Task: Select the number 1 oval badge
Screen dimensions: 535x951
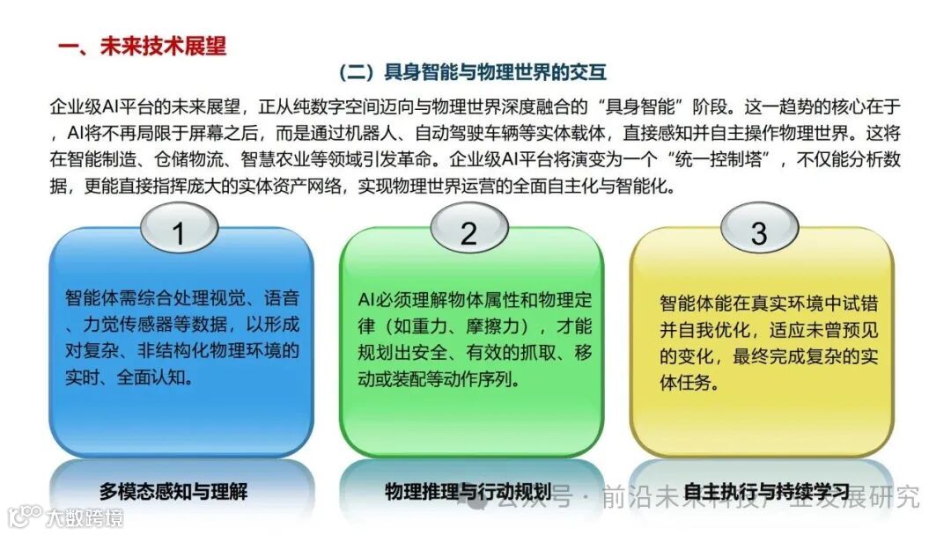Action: pyautogui.click(x=179, y=233)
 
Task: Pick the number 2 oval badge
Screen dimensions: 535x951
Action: pyautogui.click(x=468, y=233)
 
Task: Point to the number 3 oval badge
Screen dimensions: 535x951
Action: pyautogui.click(x=758, y=233)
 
